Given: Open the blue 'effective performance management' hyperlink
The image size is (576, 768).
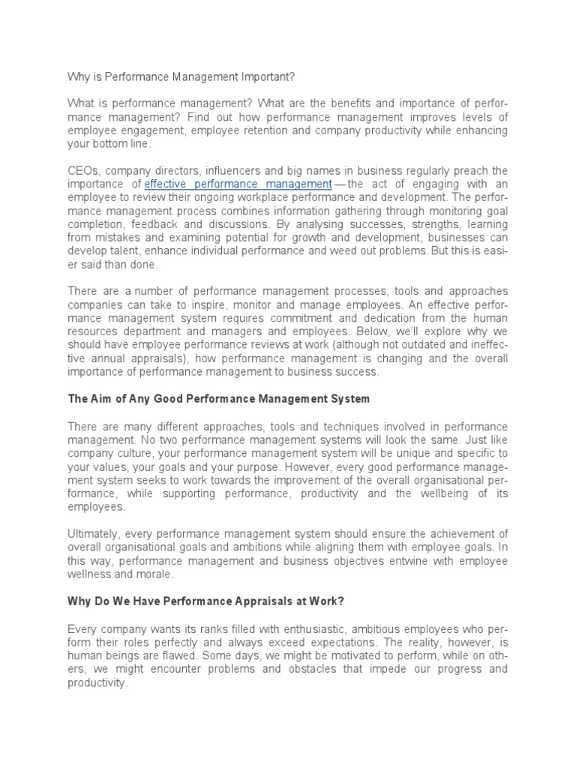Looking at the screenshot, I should click(238, 184).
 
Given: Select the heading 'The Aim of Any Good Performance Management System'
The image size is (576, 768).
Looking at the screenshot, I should click(218, 399).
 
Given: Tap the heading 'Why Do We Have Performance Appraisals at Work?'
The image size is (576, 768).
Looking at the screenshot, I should click(205, 602).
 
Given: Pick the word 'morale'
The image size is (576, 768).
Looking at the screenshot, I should click(152, 574).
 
